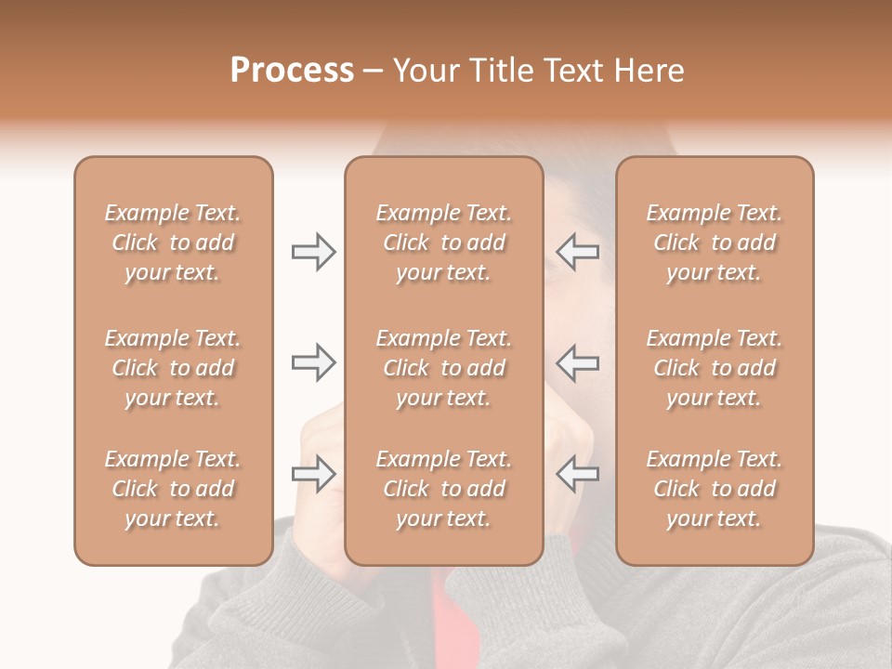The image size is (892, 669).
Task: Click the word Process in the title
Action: pyautogui.click(x=292, y=71)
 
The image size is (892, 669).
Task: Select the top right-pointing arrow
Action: pyautogui.click(x=313, y=252)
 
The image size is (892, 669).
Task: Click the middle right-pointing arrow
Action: pyautogui.click(x=313, y=362)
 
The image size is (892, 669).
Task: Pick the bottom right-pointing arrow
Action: pyautogui.click(x=313, y=474)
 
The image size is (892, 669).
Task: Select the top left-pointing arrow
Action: pyautogui.click(x=577, y=252)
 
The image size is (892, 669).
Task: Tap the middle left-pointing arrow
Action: pyautogui.click(x=577, y=362)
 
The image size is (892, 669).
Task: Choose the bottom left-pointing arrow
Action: pyautogui.click(x=577, y=474)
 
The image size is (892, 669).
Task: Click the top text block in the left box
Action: pyautogui.click(x=173, y=243)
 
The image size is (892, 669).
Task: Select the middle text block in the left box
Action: pyautogui.click(x=173, y=368)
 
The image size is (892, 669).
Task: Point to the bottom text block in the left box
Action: pyautogui.click(x=173, y=489)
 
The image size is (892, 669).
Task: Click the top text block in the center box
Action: pyautogui.click(x=443, y=243)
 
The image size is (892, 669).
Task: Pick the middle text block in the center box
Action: pyautogui.click(x=443, y=368)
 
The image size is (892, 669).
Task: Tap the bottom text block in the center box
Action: pyautogui.click(x=443, y=489)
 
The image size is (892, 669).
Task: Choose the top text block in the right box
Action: pyautogui.click(x=714, y=243)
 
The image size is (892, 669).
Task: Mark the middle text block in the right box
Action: pyautogui.click(x=714, y=368)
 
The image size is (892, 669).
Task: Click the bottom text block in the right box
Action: pyautogui.click(x=714, y=489)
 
